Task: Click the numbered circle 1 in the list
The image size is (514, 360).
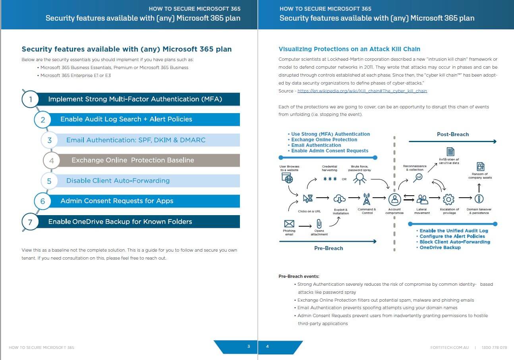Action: pyautogui.click(x=31, y=99)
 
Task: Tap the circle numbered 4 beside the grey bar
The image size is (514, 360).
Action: pyautogui.click(x=51, y=161)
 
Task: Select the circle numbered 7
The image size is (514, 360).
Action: pyautogui.click(x=30, y=222)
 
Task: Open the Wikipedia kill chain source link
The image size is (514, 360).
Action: pyautogui.click(x=362, y=91)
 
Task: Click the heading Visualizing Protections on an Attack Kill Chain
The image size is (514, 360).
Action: pyautogui.click(x=349, y=49)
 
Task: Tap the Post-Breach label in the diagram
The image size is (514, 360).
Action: pyautogui.click(x=452, y=134)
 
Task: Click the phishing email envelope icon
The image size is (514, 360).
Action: pyautogui.click(x=289, y=224)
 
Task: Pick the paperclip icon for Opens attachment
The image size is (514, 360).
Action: pyautogui.click(x=319, y=224)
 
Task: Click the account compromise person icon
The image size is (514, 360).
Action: pyautogui.click(x=394, y=198)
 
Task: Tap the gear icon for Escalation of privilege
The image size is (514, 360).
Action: pyautogui.click(x=448, y=198)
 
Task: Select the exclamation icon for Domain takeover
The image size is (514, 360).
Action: pyautogui.click(x=479, y=198)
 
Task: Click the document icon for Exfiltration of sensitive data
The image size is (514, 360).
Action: pyautogui.click(x=450, y=151)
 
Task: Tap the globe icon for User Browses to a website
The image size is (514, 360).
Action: pyautogui.click(x=287, y=179)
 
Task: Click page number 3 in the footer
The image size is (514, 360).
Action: pyautogui.click(x=249, y=347)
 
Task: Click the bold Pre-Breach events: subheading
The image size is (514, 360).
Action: pyautogui.click(x=299, y=276)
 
